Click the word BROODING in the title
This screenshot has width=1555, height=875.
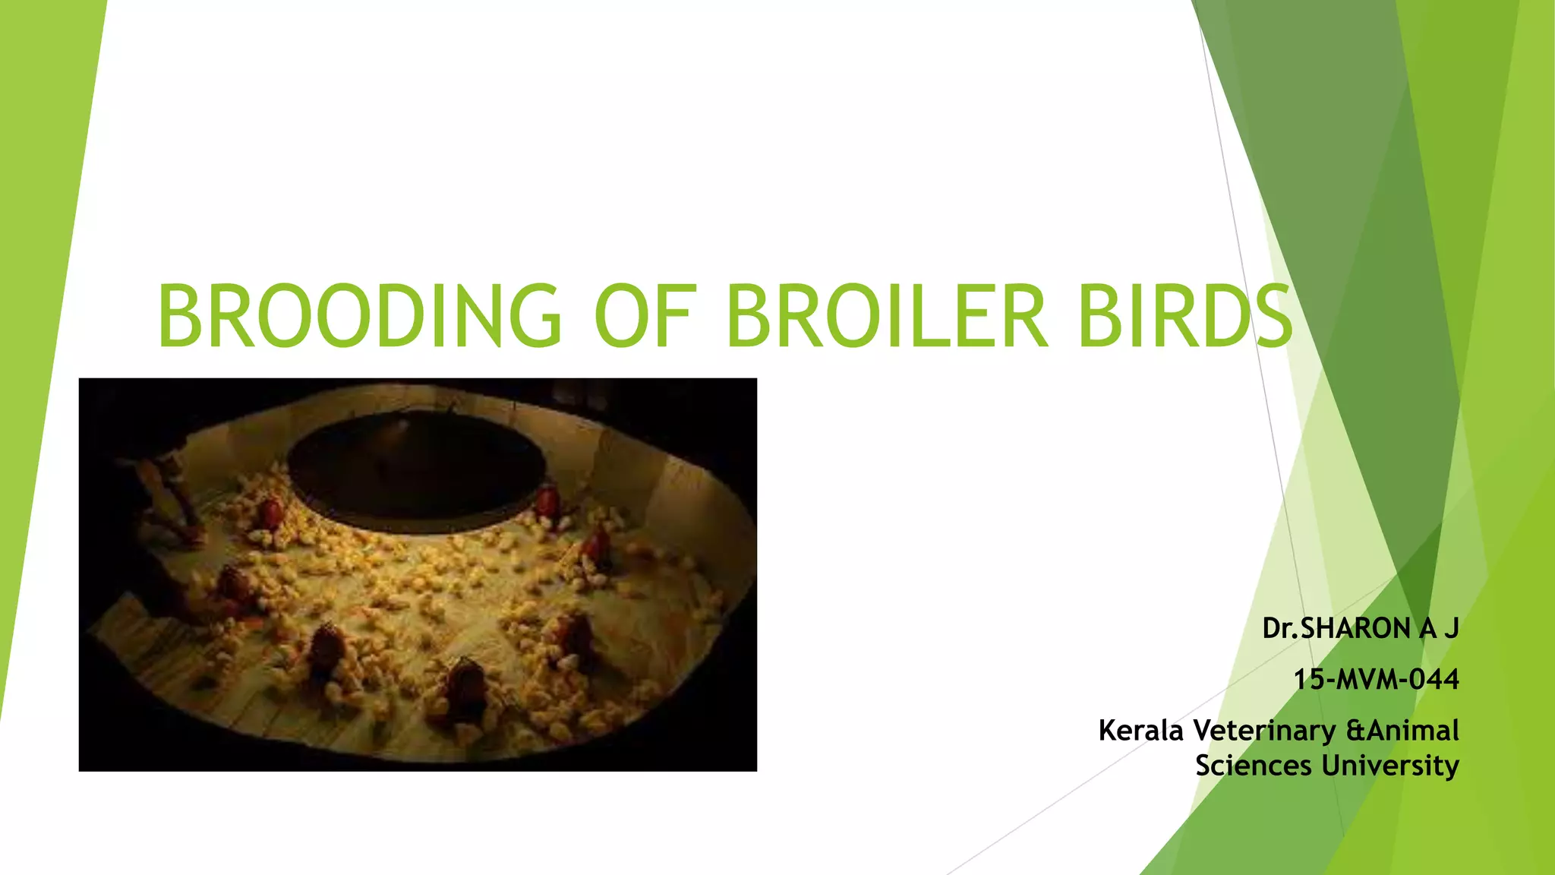point(359,315)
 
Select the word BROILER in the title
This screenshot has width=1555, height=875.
point(887,315)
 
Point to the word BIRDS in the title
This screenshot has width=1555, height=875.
point(1184,315)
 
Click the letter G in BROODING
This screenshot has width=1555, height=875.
point(530,315)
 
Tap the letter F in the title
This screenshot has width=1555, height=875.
point(678,315)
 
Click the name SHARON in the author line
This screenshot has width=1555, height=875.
point(1355,629)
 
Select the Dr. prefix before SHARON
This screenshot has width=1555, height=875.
point(1280,629)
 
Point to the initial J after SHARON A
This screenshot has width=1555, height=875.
point(1451,629)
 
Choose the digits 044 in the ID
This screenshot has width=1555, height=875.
point(1434,679)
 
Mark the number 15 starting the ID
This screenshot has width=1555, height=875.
point(1309,679)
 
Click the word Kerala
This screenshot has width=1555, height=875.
point(1141,731)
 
